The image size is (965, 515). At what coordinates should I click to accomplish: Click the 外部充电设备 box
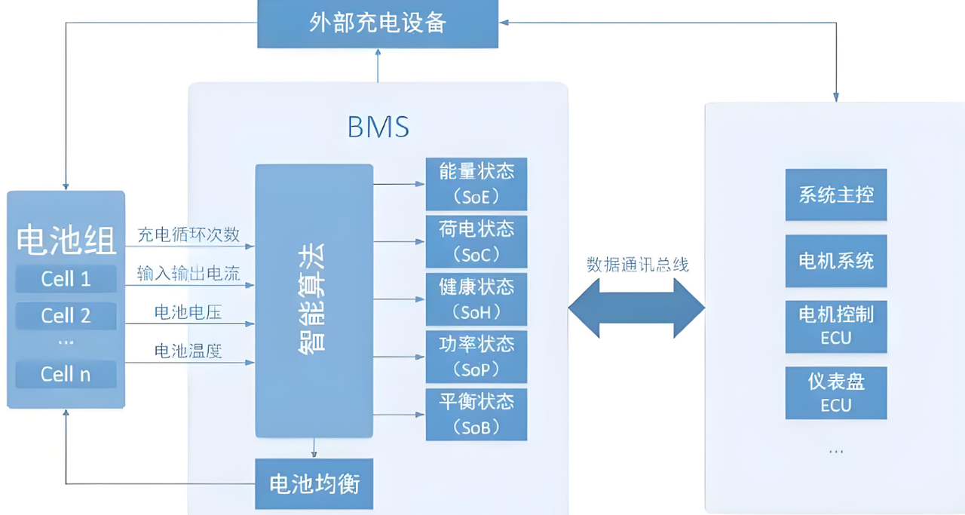[x=378, y=23]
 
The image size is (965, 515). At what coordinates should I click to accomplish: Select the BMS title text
[x=378, y=127]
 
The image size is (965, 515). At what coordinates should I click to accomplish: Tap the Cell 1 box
[x=66, y=279]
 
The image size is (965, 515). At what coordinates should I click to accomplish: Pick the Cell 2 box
[x=66, y=316]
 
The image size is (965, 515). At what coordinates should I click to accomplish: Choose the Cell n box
[x=66, y=374]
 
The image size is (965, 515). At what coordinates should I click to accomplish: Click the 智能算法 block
[x=314, y=300]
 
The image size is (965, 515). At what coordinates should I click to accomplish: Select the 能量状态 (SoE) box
[x=476, y=184]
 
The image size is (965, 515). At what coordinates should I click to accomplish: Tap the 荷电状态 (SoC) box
[x=476, y=242]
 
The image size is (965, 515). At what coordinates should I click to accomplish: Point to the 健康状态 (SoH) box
[x=476, y=299]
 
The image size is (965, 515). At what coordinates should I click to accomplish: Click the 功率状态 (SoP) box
[x=476, y=357]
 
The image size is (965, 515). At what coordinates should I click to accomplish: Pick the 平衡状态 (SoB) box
[x=476, y=414]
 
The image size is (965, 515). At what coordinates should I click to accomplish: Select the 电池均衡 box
[x=314, y=483]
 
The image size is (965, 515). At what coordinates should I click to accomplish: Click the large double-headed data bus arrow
[x=636, y=308]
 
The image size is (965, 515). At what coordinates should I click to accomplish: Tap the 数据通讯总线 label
[x=638, y=265]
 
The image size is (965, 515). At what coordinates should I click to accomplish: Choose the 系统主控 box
[x=835, y=195]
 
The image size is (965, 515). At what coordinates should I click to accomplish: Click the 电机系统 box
[x=835, y=261]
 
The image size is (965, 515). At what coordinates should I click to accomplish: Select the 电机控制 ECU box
[x=835, y=326]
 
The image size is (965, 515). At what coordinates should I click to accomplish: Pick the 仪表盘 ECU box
[x=835, y=393]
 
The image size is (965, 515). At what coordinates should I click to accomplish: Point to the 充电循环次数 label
[x=188, y=235]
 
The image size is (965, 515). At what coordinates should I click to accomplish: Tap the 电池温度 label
[x=188, y=351]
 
